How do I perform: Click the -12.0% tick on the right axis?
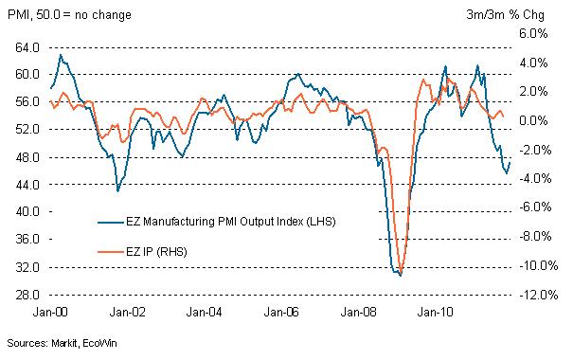(x=533, y=294)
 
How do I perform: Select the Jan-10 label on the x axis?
(x=436, y=310)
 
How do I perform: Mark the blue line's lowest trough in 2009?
(x=401, y=275)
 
